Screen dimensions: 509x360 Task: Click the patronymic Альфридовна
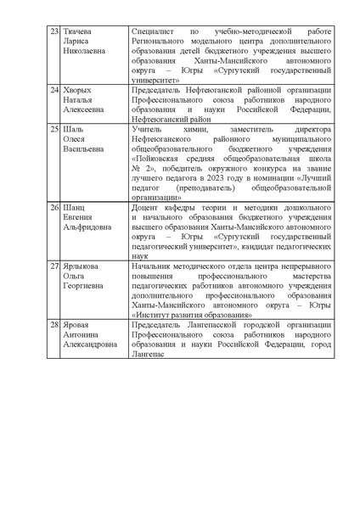point(92,227)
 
